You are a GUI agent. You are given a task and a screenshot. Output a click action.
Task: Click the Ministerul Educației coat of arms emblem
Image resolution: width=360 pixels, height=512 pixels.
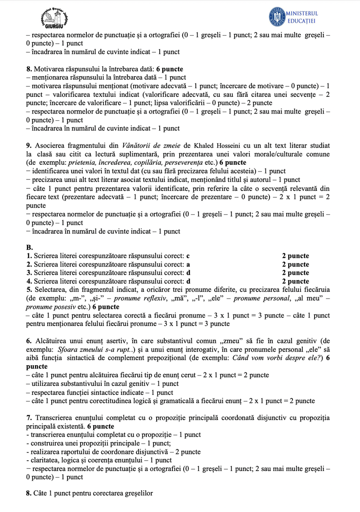click(x=277, y=17)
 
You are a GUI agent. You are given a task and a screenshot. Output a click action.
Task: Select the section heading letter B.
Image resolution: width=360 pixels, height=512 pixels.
click(x=29, y=248)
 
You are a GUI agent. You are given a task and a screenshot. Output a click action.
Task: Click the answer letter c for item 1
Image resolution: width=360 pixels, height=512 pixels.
click(x=188, y=256)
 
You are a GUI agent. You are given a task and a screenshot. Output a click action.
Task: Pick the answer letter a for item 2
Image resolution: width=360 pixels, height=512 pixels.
click(x=188, y=264)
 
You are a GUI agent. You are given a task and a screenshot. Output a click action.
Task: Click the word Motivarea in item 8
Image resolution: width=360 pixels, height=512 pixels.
click(x=49, y=69)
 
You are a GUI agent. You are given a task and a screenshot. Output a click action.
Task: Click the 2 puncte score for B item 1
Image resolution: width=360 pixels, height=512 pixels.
click(x=296, y=256)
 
